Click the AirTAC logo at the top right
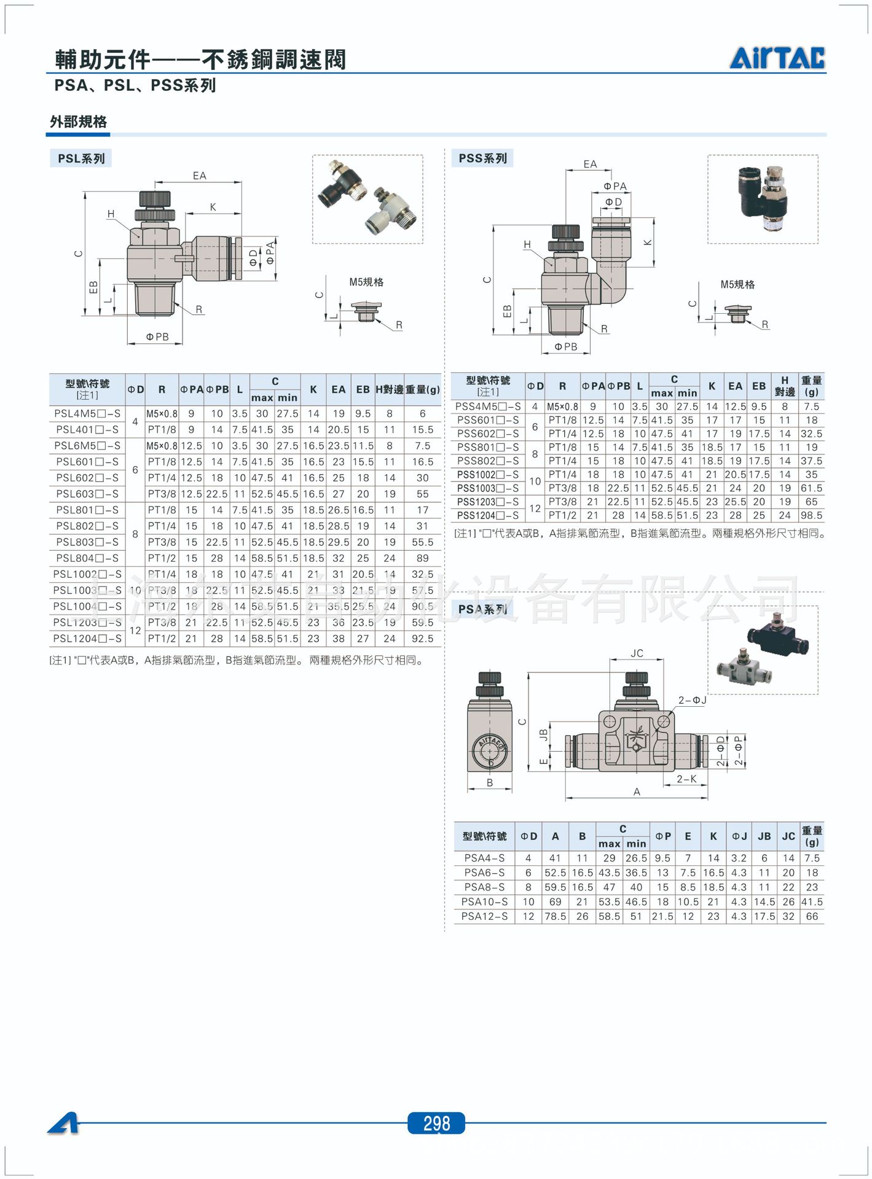tap(777, 58)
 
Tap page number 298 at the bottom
tap(436, 1124)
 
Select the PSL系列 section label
tap(81, 158)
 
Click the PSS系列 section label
tap(482, 158)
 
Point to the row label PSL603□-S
tap(87, 494)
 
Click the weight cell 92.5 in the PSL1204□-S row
tap(423, 639)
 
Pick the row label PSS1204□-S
tap(488, 515)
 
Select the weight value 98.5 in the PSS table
tap(811, 515)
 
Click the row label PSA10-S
tap(485, 901)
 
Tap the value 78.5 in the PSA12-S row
tap(555, 916)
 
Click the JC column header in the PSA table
tap(788, 836)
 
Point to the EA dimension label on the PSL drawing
tap(200, 176)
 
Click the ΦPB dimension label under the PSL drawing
tap(157, 337)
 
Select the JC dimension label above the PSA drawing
tap(637, 653)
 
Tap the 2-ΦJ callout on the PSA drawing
tap(692, 700)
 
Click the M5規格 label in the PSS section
tap(737, 284)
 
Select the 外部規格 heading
tap(79, 122)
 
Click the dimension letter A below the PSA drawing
tap(637, 792)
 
